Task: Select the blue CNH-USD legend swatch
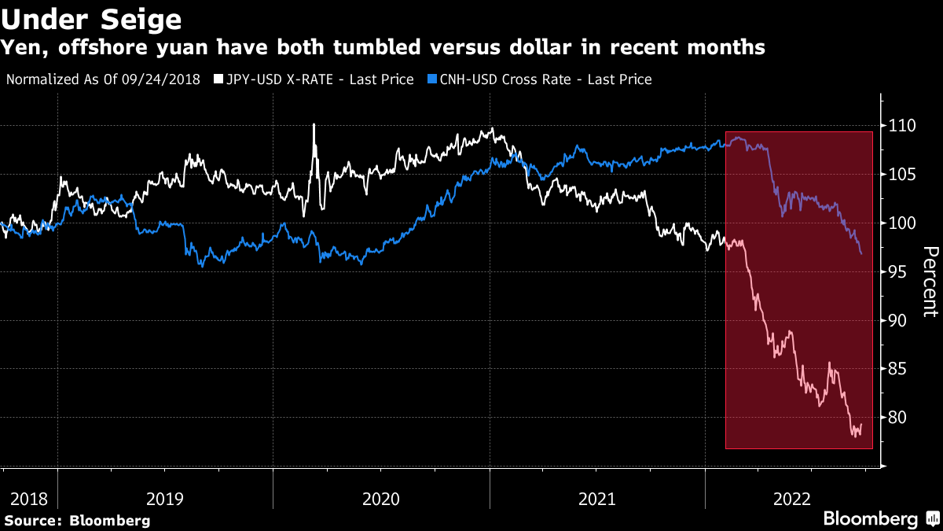click(x=431, y=79)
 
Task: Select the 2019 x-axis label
click(x=165, y=499)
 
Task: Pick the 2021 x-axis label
click(x=596, y=499)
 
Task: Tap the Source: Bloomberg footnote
click(x=77, y=520)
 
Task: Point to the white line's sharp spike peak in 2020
click(x=314, y=124)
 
